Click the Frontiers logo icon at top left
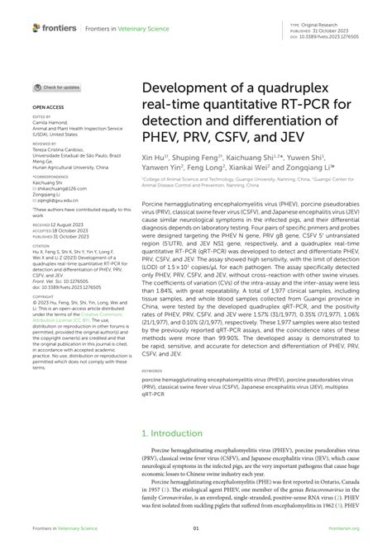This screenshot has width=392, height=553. point(36,27)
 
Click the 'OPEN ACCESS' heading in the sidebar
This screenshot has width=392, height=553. point(47,107)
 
